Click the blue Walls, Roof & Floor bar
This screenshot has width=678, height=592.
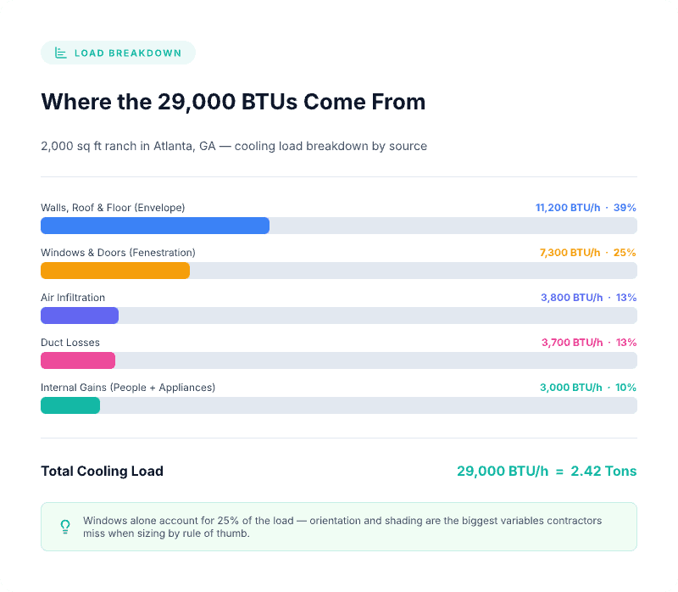click(x=155, y=226)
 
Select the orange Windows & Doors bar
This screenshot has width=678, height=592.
click(x=115, y=271)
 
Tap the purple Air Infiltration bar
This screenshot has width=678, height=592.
click(x=80, y=316)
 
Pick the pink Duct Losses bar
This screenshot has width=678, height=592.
click(x=78, y=360)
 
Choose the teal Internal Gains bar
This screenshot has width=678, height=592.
click(x=70, y=405)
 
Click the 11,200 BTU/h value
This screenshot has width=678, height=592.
click(x=569, y=208)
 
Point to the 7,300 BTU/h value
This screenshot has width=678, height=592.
click(x=570, y=253)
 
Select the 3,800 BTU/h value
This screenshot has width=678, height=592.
click(x=571, y=298)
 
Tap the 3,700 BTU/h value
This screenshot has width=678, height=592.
click(x=572, y=343)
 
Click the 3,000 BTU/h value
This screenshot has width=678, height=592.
click(x=571, y=388)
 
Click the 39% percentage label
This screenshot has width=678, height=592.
click(x=625, y=208)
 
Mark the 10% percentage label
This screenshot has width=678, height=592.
click(x=625, y=388)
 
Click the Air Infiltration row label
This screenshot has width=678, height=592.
click(x=73, y=298)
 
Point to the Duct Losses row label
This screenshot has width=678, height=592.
click(x=70, y=343)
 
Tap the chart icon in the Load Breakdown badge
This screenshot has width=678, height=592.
click(x=61, y=53)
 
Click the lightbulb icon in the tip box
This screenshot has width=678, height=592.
click(x=65, y=527)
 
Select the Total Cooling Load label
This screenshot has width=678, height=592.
click(x=102, y=472)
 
